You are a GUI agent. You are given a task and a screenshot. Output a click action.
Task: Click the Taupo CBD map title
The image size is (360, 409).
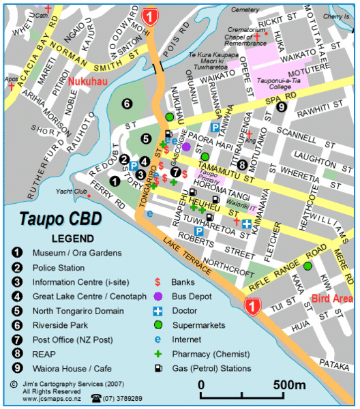60,220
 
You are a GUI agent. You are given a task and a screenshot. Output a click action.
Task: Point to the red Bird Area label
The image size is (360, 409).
332,299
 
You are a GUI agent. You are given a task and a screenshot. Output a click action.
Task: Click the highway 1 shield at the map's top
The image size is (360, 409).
150,15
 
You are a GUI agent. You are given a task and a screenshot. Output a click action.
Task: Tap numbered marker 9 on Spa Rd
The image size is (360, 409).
281,106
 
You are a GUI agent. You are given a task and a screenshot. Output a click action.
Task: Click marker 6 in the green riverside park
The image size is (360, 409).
127,104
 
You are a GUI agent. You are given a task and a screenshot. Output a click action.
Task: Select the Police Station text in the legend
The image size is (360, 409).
59,268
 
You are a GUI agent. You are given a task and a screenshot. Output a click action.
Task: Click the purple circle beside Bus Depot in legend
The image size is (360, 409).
158,297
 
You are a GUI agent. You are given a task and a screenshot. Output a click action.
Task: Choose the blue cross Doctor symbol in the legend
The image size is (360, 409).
158,311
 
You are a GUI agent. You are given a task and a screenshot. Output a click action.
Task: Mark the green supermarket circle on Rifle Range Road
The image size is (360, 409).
307,266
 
